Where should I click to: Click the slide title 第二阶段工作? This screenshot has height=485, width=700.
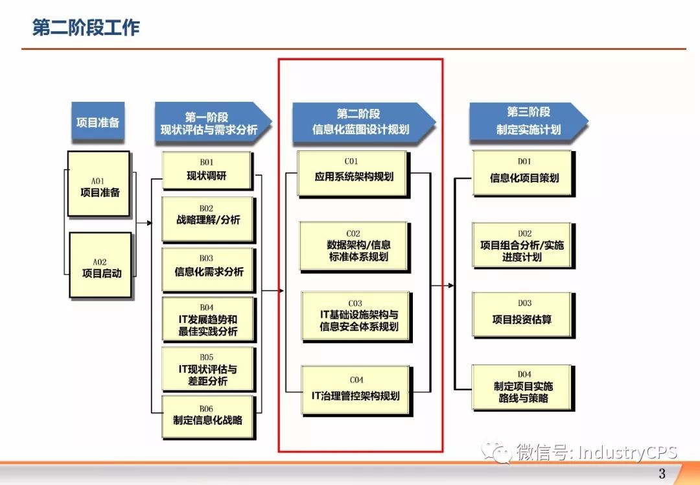[86, 28]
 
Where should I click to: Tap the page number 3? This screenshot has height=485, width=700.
[662, 473]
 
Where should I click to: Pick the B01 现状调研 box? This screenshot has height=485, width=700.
[206, 170]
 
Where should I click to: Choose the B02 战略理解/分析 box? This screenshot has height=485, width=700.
[207, 219]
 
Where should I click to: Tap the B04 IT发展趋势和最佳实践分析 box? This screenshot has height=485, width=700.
[208, 318]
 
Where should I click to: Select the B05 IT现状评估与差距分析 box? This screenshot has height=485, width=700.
[208, 368]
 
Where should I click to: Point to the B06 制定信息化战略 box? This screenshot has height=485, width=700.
[208, 416]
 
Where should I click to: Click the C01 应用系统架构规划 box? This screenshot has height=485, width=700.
[353, 172]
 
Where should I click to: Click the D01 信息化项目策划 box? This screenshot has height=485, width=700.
[522, 172]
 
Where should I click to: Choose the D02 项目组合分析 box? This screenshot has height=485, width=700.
[522, 244]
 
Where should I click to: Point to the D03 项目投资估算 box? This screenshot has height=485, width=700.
[522, 314]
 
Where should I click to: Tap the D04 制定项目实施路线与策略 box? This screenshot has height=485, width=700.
[522, 388]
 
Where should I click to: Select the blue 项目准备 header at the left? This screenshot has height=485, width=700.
[97, 122]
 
